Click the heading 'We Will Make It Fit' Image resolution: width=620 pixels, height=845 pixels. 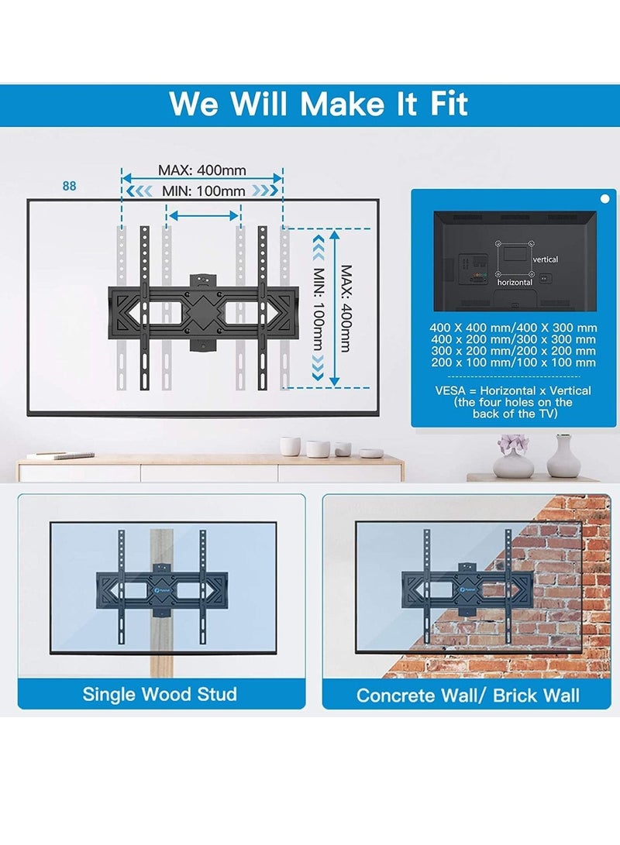pyautogui.click(x=319, y=103)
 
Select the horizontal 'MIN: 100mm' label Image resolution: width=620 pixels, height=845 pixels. pyautogui.click(x=202, y=191)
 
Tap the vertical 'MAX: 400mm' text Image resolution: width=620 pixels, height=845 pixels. pyautogui.click(x=346, y=306)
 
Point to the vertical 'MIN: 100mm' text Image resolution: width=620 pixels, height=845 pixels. pyautogui.click(x=318, y=306)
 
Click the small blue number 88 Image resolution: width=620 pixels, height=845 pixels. pyautogui.click(x=71, y=186)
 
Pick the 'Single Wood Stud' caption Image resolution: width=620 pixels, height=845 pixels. pyautogui.click(x=160, y=694)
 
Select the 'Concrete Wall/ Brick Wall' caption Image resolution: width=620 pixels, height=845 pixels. pyautogui.click(x=467, y=695)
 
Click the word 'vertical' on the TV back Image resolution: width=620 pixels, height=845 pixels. pyautogui.click(x=546, y=259)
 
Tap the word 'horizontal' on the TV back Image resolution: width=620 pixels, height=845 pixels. pyautogui.click(x=515, y=283)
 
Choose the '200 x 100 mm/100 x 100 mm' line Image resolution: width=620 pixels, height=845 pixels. pyautogui.click(x=513, y=362)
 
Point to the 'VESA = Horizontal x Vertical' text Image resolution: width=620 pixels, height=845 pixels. pyautogui.click(x=513, y=390)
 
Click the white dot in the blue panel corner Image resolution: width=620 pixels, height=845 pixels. pyautogui.click(x=604, y=199)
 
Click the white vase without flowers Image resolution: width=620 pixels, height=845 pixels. pyautogui.click(x=563, y=457)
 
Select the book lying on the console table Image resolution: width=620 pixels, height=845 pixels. pyautogui.click(x=56, y=456)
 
